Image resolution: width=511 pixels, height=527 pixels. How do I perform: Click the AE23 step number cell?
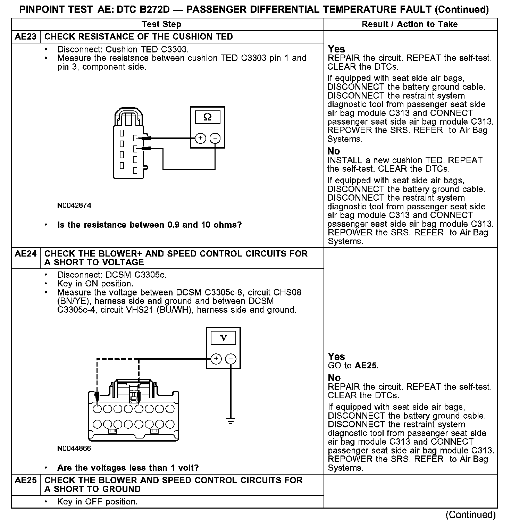[x=26, y=37]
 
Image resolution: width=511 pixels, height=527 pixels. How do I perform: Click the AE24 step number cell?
[x=26, y=254]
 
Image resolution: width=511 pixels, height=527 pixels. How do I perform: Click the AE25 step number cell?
[x=26, y=480]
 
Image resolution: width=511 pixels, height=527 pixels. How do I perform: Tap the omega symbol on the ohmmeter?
[x=207, y=117]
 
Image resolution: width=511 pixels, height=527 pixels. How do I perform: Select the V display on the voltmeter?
[x=223, y=337]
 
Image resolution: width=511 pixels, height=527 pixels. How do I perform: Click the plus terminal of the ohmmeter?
[x=200, y=138]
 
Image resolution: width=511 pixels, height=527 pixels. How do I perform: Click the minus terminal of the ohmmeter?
[x=215, y=138]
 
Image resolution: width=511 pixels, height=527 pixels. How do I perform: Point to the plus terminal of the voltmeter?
[x=216, y=359]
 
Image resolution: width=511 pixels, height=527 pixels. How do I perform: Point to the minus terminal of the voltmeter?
[x=231, y=359]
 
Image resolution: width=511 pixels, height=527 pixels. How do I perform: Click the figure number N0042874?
[x=74, y=206]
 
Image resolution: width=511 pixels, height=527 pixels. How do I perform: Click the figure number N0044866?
[x=74, y=449]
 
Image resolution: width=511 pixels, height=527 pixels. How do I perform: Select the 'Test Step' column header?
[x=161, y=24]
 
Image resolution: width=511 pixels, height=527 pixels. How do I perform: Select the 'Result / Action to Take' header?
[x=410, y=24]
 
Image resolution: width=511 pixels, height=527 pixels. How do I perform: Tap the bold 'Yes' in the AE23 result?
[x=336, y=49]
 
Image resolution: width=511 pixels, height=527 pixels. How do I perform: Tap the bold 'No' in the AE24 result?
[x=334, y=378]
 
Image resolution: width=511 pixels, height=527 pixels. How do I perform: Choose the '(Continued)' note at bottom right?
[x=470, y=515]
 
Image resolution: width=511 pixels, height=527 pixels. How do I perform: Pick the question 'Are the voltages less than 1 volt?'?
[x=128, y=468]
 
